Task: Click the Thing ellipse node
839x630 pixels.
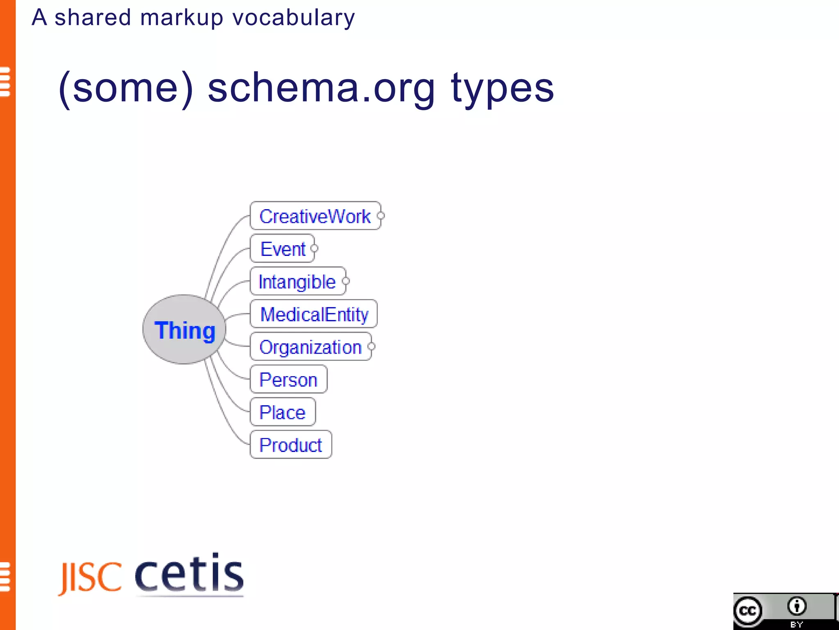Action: coord(184,329)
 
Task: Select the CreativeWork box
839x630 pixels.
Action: coord(315,216)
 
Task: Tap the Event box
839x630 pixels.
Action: coord(282,249)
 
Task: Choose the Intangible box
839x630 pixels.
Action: coord(297,281)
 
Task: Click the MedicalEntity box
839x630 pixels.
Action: coord(314,314)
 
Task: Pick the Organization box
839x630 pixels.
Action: coord(311,347)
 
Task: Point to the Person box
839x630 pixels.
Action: coord(288,379)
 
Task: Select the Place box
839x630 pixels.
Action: coord(283,412)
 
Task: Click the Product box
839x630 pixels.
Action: coord(291,445)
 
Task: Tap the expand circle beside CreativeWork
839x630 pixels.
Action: coord(381,216)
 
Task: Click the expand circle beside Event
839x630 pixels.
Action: coord(315,249)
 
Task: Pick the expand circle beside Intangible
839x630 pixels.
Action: coord(346,281)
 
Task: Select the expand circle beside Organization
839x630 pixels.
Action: coord(372,347)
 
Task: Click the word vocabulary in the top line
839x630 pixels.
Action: coord(293,18)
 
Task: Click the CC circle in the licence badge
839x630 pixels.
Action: coord(748,612)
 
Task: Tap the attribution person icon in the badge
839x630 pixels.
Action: coord(797,606)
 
